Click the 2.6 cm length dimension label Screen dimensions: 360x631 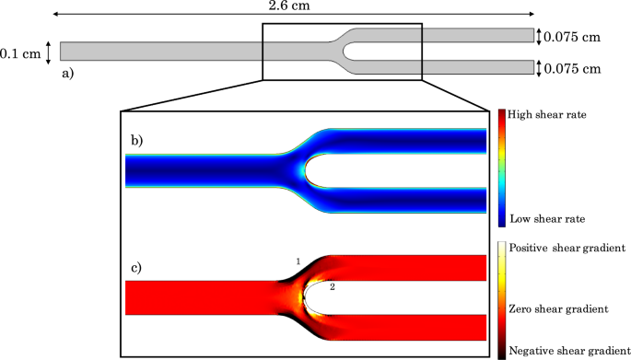pos(288,7)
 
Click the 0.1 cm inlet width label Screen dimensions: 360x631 pos(20,52)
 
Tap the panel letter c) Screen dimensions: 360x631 pos(136,268)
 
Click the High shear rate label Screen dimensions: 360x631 pos(547,115)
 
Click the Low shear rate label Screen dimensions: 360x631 pos(546,218)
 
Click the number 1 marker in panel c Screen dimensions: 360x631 pos(298,262)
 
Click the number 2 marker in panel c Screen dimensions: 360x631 pos(333,288)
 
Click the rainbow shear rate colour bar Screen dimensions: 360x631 pos(501,167)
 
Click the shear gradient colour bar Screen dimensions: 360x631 pos(501,299)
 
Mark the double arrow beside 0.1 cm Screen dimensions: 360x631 pos(49,52)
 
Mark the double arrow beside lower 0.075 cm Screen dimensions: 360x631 pos(540,68)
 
